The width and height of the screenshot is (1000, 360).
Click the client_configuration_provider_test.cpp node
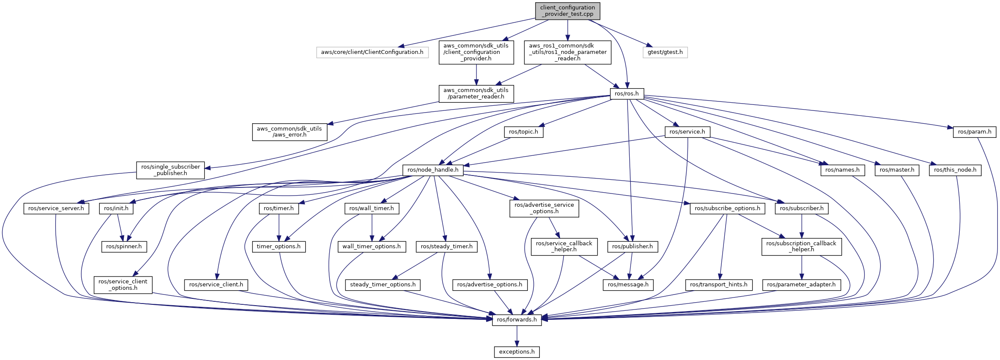coord(567,11)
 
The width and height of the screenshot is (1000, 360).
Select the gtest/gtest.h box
coord(665,52)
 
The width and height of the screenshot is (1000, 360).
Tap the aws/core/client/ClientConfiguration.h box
coord(372,52)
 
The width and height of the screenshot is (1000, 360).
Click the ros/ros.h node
coord(626,94)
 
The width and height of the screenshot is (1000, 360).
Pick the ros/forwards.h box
coord(517,320)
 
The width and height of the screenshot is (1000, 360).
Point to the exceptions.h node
coord(517,352)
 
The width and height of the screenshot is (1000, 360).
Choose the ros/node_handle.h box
coord(433,170)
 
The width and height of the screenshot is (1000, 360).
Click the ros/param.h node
coord(974,132)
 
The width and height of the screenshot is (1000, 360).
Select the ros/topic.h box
coord(524,132)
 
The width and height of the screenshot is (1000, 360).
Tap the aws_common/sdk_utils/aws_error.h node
coord(289,132)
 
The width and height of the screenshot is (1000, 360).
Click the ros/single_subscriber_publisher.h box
coord(170,170)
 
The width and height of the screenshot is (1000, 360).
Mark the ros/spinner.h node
coord(124,247)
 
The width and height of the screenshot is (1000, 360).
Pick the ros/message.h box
coord(628,285)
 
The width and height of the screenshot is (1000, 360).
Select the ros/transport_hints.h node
coord(718,285)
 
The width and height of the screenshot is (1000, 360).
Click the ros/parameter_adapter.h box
coord(801,285)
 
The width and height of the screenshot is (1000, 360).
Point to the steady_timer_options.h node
coord(383,285)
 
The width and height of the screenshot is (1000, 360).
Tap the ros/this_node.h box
coord(955,170)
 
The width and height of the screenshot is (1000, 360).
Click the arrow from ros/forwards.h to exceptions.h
coord(517,336)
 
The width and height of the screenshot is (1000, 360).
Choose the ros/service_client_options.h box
coord(123,285)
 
